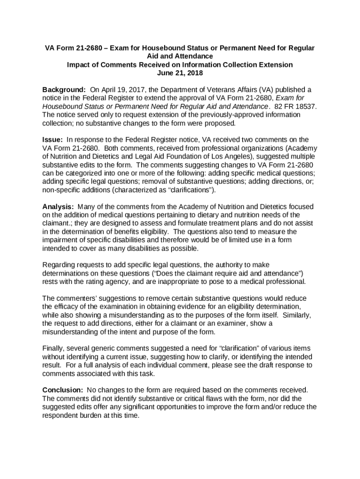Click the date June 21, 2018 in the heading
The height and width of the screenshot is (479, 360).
tap(180, 73)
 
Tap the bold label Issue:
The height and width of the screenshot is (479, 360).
tap(53, 139)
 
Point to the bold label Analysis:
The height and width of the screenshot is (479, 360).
tap(58, 207)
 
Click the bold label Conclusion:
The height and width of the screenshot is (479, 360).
tap(63, 390)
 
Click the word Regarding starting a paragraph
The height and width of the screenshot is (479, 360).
tap(59, 265)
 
